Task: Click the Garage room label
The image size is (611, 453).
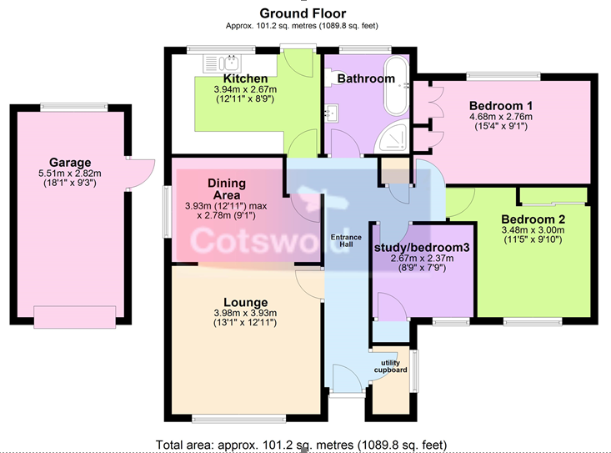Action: tap(70, 162)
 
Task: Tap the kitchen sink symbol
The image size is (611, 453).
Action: tap(222, 63)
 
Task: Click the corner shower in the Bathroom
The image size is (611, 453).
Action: tap(392, 137)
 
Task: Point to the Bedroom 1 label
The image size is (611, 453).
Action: tap(501, 106)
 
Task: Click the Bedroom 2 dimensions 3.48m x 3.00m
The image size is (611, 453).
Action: tap(533, 230)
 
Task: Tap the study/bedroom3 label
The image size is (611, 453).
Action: tap(422, 248)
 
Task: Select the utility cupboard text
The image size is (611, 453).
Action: tap(390, 366)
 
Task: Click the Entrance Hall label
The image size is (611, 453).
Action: tap(346, 240)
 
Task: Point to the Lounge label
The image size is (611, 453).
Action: tap(246, 302)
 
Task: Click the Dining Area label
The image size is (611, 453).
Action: tap(227, 189)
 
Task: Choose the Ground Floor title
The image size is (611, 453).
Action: tap(303, 13)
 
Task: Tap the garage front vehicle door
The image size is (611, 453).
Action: tap(74, 317)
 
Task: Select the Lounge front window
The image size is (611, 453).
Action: tap(239, 419)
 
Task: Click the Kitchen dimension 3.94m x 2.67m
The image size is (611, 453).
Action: tap(246, 89)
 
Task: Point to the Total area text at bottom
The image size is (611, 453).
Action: tap(301, 445)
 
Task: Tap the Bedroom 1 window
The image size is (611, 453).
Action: tap(503, 76)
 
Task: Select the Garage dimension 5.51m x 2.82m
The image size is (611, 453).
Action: tap(70, 173)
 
